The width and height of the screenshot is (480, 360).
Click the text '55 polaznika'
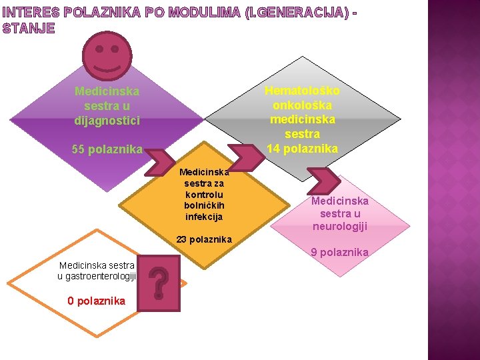pos(107,149)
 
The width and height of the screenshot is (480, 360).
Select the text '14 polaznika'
pos(302,148)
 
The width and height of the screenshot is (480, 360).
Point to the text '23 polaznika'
pos(204,239)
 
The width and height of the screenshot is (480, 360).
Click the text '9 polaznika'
pos(339,252)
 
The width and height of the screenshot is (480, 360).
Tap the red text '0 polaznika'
pos(96,301)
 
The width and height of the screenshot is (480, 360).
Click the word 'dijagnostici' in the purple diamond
pos(107,121)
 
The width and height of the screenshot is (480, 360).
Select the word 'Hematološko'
pos(302,91)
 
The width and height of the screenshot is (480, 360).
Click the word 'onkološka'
pos(302,105)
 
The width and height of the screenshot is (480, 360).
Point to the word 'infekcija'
pos(204,217)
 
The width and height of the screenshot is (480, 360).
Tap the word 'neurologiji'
pos(340,227)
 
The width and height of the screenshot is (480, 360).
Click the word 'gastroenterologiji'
pos(97,276)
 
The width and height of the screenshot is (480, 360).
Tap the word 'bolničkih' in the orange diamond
pos(204,205)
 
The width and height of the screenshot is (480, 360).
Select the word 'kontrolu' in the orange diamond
pos(204,194)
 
